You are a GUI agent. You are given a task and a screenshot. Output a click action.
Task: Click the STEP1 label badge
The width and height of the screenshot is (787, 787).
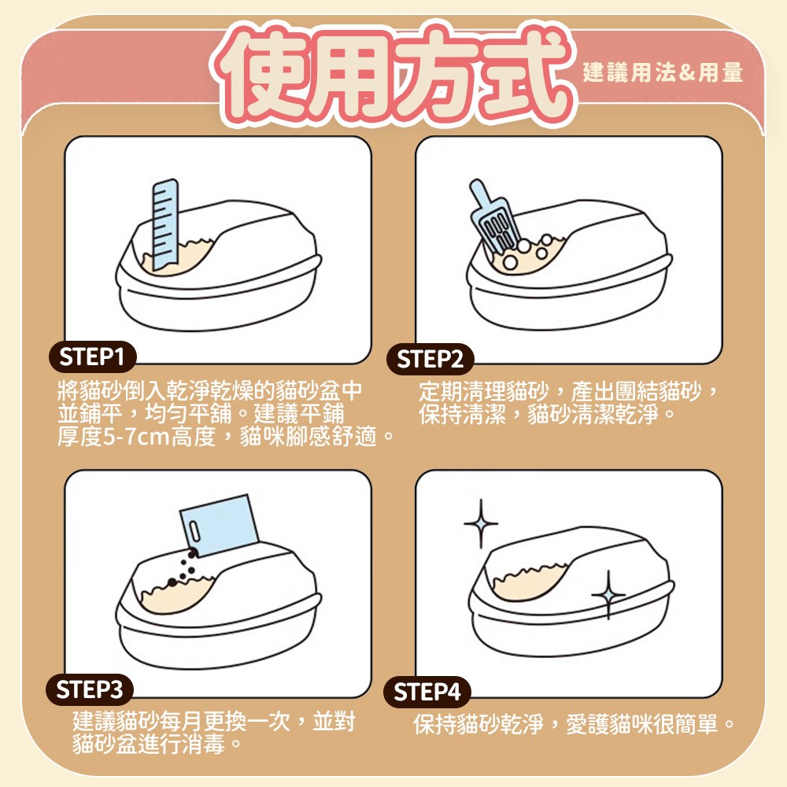(92, 357)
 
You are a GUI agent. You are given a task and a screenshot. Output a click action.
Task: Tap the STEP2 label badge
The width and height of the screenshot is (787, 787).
(430, 360)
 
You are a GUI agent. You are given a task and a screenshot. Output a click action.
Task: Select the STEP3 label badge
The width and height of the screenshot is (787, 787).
(90, 689)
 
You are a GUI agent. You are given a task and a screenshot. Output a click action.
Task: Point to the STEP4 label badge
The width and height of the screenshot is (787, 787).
(427, 692)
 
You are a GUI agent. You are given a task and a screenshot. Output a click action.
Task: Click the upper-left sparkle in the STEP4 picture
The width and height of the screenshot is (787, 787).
(481, 523)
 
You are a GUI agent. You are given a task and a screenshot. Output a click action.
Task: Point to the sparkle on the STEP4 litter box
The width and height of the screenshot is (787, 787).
(608, 595)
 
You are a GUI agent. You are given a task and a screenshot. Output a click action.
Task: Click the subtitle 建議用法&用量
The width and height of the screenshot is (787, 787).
(663, 72)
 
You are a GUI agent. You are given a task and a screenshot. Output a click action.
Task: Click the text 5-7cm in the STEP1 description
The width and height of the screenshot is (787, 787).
(136, 437)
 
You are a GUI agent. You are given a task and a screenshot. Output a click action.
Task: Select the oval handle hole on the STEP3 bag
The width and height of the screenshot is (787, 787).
(194, 531)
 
